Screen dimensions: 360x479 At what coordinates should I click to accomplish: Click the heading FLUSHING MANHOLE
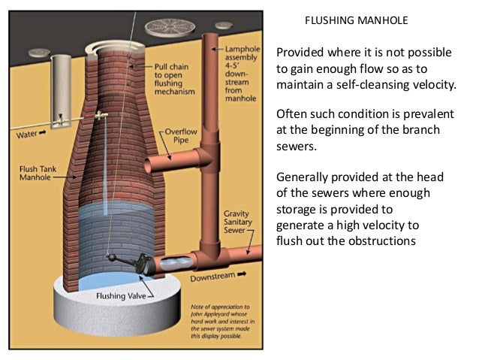click(x=357, y=20)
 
